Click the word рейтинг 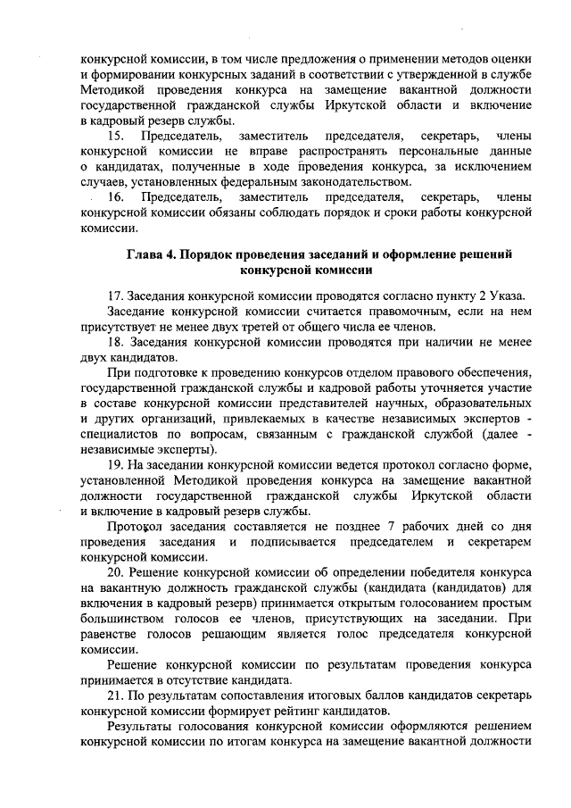298,711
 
